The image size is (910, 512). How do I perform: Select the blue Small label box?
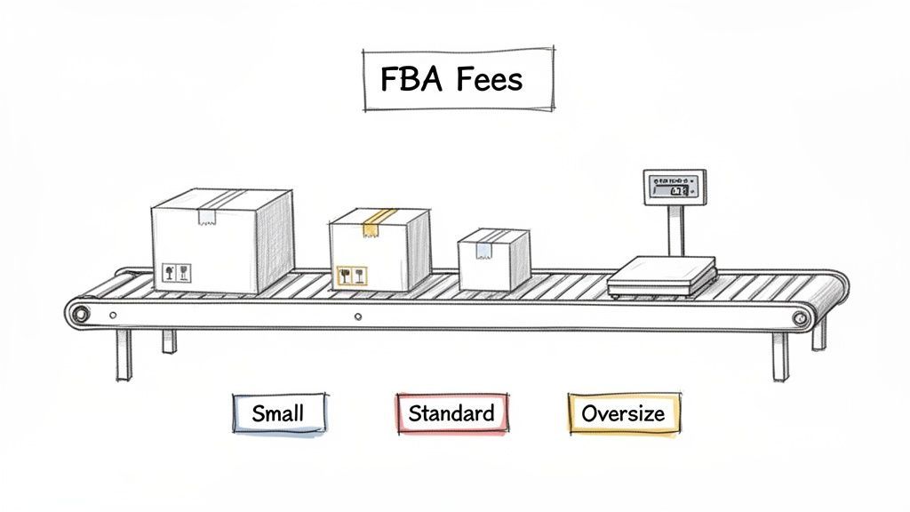click(278, 413)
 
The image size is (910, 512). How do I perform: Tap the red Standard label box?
click(451, 413)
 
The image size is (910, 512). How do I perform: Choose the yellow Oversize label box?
click(622, 413)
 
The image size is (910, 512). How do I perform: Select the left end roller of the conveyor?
click(81, 314)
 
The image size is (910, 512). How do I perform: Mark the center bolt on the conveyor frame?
click(357, 316)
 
